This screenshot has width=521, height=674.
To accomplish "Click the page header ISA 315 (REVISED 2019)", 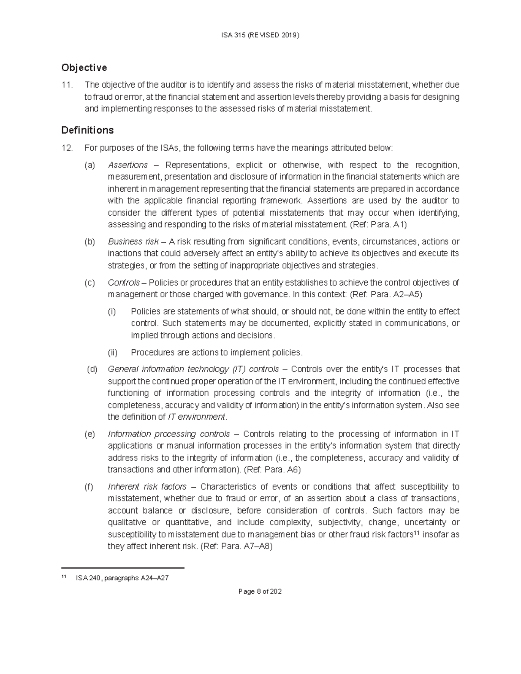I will point(260,35).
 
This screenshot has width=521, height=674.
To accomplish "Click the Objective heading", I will point(84,68).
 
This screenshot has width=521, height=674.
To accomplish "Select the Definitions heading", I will point(87,130).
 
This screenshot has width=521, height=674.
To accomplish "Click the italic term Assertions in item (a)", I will point(128,165).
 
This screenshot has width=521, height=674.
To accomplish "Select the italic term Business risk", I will point(133,241).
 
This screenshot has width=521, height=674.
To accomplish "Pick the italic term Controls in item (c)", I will point(123,283).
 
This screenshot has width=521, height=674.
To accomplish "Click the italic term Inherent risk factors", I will point(147,487).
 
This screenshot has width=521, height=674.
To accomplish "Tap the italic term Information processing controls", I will point(168,434).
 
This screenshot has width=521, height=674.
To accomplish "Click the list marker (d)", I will point(92,369).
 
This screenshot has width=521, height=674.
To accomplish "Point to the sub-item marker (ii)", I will point(112,352).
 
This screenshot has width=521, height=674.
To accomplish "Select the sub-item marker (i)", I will point(112,312).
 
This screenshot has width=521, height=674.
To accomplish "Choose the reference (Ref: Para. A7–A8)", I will point(236,546).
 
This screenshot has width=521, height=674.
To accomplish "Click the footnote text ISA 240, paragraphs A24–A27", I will point(122,578).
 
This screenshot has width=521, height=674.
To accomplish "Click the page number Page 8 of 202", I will point(260,592).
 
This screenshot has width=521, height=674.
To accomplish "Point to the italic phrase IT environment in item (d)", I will point(196,417).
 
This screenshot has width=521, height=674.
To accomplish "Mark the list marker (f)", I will point(89,487).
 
